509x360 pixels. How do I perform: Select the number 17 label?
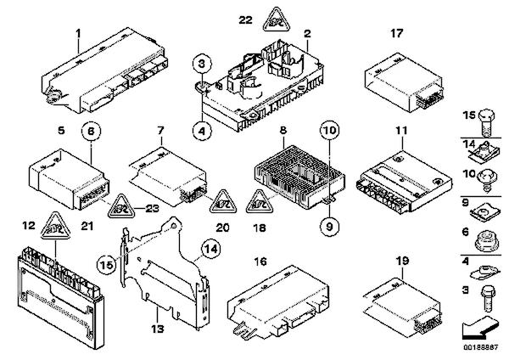[396, 35]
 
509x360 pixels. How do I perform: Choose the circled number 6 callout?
[91, 133]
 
